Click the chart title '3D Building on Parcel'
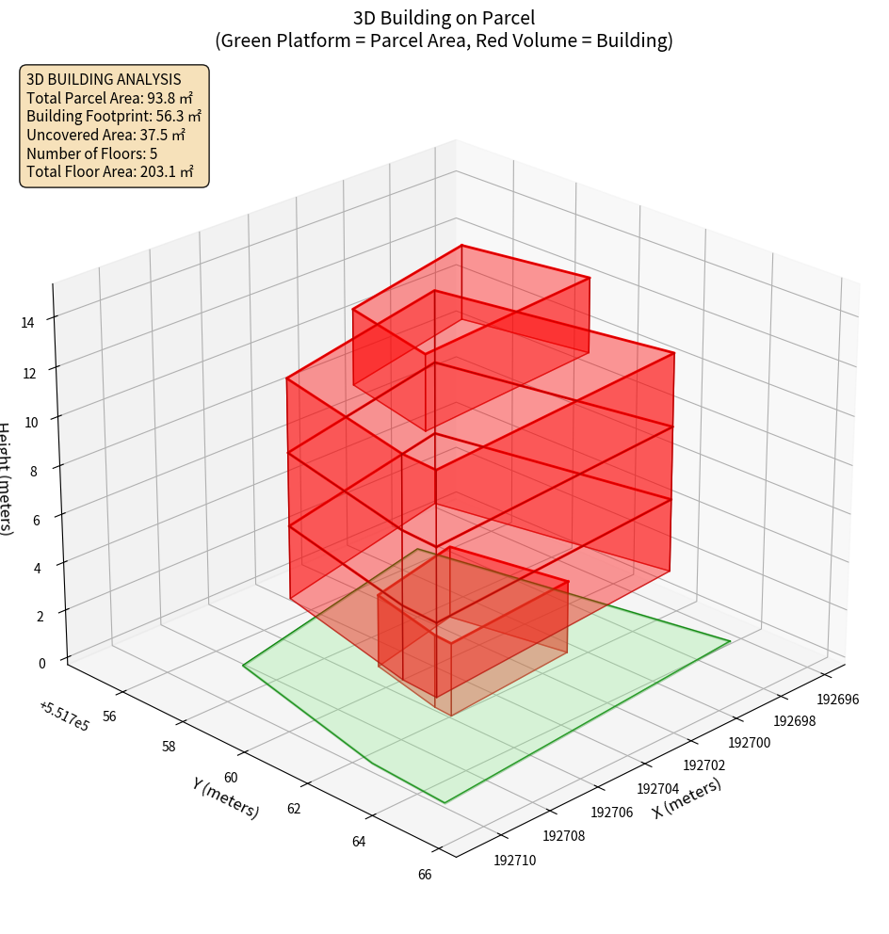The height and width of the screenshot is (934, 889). pyautogui.click(x=444, y=17)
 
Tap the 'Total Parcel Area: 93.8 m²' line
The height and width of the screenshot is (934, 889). pyautogui.click(x=109, y=98)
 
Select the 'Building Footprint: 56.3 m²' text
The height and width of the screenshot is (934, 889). pyautogui.click(x=114, y=117)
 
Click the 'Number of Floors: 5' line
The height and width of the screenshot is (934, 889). pyautogui.click(x=91, y=153)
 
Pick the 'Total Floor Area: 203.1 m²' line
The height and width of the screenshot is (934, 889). pyautogui.click(x=110, y=171)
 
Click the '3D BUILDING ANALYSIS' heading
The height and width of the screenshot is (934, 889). pyautogui.click(x=104, y=79)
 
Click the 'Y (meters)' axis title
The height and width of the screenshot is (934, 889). pyautogui.click(x=225, y=797)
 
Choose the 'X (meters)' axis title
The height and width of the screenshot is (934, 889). pyautogui.click(x=687, y=798)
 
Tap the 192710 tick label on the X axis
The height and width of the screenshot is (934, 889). pyautogui.click(x=514, y=859)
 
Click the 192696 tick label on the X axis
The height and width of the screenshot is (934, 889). pyautogui.click(x=837, y=700)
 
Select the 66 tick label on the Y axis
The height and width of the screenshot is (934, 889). pyautogui.click(x=424, y=875)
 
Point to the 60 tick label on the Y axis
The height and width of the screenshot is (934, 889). pyautogui.click(x=231, y=778)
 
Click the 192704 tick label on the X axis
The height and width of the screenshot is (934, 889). pyautogui.click(x=657, y=789)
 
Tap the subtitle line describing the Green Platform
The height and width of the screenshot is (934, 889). pyautogui.click(x=444, y=40)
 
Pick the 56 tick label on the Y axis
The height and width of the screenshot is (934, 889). pyautogui.click(x=109, y=716)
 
